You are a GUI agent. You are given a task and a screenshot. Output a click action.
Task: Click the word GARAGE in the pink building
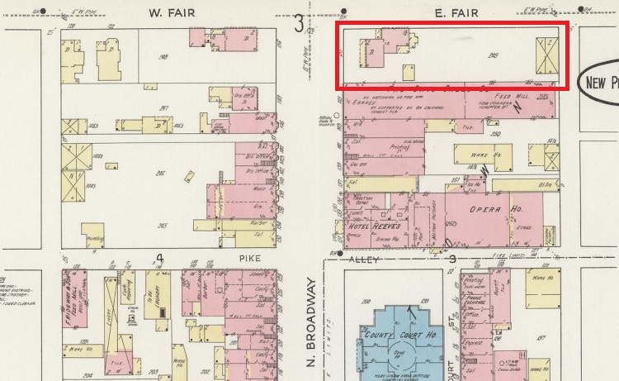(x=364, y=104)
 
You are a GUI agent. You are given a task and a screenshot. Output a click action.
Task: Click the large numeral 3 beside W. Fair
(x=299, y=23)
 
